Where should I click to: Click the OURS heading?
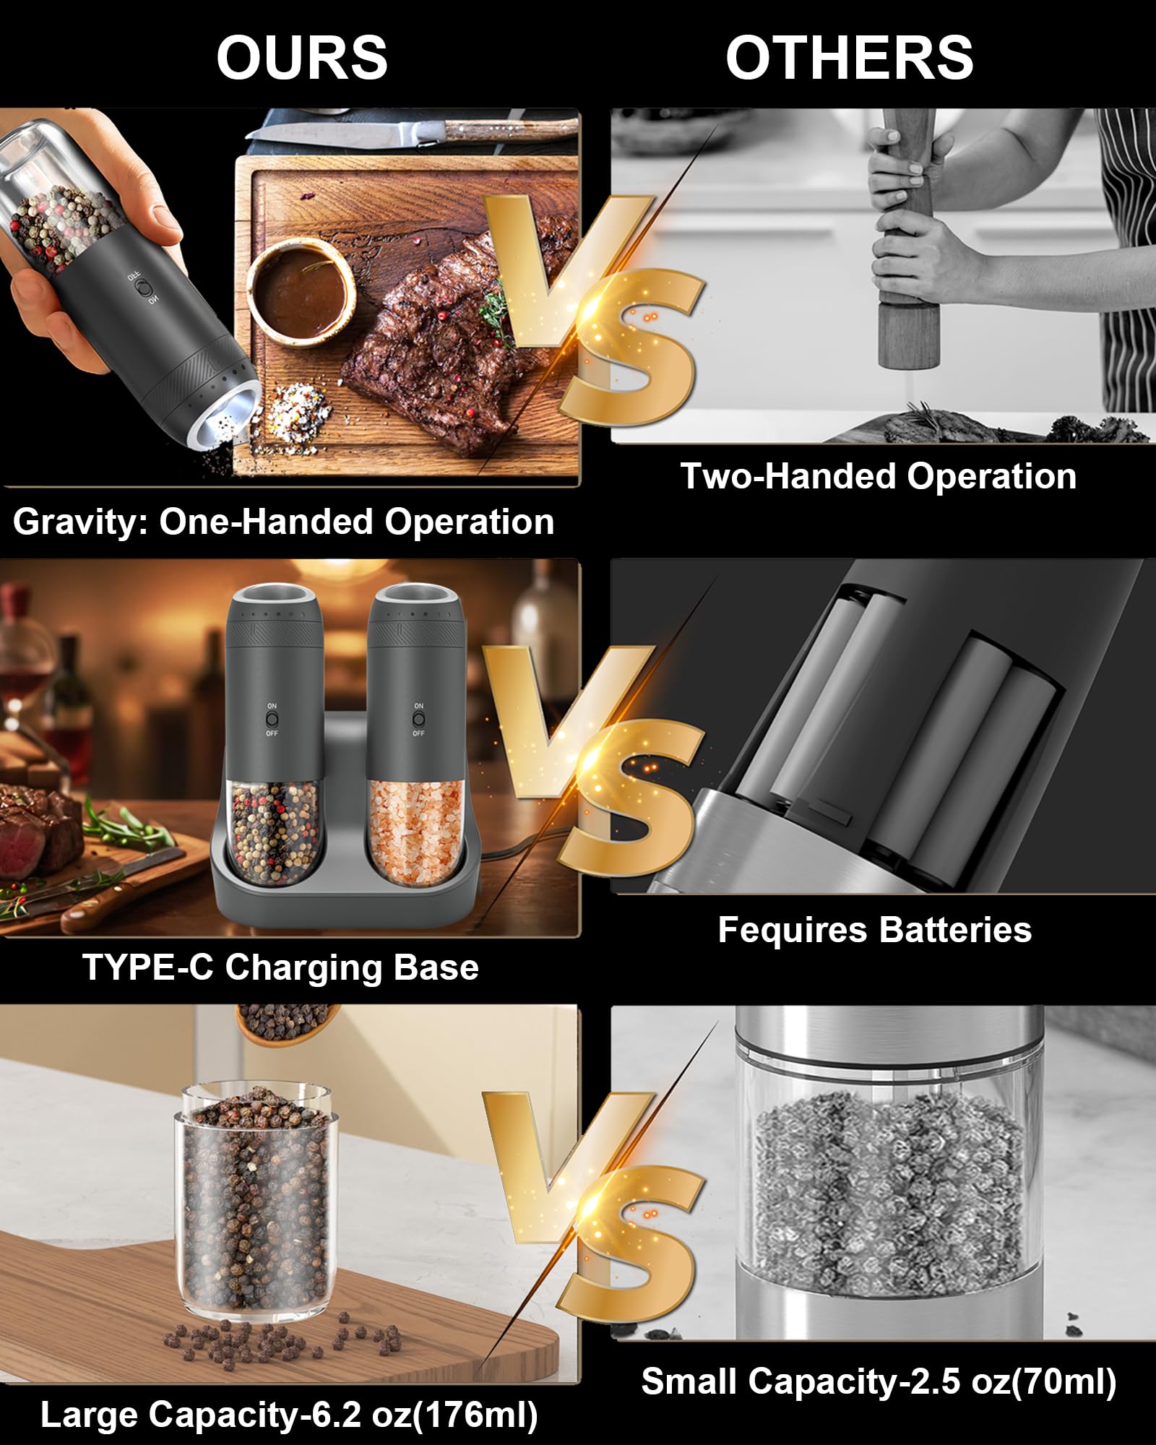[x=302, y=57]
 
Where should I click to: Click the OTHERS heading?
[x=849, y=57]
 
